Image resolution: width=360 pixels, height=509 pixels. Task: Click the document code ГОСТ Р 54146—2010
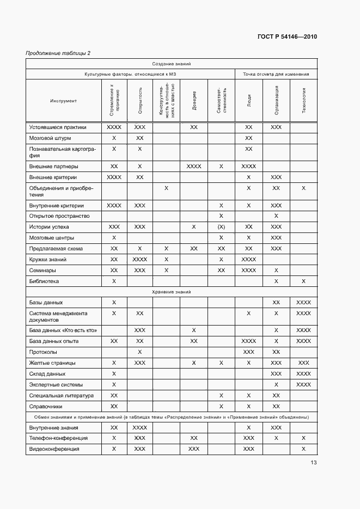(x=286, y=37)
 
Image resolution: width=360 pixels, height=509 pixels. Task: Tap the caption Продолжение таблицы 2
(x=58, y=53)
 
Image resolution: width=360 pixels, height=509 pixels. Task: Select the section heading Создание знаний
(x=171, y=64)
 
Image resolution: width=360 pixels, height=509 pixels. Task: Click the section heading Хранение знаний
(x=171, y=292)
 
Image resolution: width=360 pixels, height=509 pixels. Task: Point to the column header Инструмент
(x=64, y=101)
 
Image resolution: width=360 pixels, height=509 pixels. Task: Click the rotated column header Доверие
(x=194, y=101)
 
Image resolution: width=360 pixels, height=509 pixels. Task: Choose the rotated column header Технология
(x=303, y=101)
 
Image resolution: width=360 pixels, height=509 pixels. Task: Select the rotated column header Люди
(x=249, y=101)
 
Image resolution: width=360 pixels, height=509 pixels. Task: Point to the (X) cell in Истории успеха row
(x=221, y=227)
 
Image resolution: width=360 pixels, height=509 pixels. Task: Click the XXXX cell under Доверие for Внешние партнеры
(x=194, y=166)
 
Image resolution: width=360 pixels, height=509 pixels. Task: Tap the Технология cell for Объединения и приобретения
(x=303, y=188)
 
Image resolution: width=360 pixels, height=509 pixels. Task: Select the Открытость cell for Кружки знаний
(x=140, y=260)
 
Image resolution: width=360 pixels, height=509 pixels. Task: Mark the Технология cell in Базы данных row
(x=303, y=302)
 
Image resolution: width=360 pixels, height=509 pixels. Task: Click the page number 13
(x=313, y=463)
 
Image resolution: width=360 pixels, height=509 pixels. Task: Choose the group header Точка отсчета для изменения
(x=276, y=73)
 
